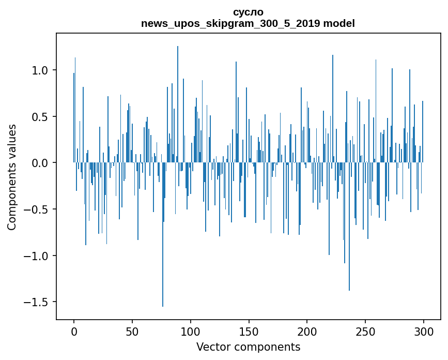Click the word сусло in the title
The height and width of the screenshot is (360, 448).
(248, 12)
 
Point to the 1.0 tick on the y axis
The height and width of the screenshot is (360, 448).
(40, 70)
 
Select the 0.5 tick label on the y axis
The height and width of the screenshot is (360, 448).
(40, 117)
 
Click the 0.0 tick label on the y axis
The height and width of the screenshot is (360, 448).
(40, 163)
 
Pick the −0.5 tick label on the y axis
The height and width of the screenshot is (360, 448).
(38, 209)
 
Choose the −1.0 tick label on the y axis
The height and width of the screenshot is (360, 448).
(38, 256)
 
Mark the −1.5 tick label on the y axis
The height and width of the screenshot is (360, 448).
(38, 302)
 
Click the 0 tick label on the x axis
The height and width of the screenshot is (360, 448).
(74, 331)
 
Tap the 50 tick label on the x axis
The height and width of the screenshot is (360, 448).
(132, 331)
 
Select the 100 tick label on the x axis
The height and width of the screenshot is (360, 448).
(191, 331)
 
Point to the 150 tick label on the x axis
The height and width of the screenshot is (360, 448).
(249, 331)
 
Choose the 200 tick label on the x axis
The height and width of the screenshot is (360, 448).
(307, 331)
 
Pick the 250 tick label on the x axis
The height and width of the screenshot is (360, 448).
(365, 331)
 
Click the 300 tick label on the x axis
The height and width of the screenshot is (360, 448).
(424, 331)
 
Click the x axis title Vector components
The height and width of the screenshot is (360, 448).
(248, 347)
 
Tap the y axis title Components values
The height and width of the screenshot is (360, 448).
(12, 177)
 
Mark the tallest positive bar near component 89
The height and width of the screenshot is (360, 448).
(178, 103)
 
